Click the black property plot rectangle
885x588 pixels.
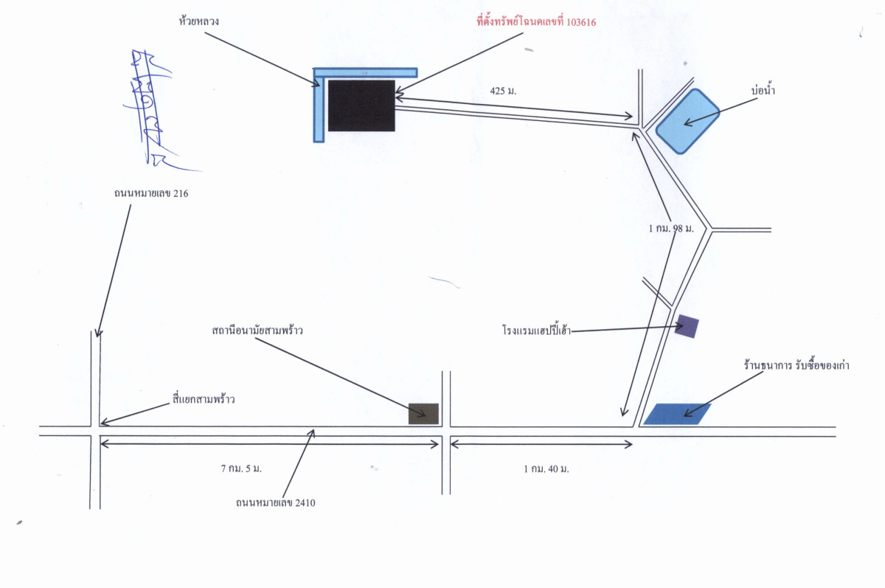(361, 106)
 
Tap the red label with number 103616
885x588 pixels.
(536, 22)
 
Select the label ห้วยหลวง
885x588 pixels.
(199, 22)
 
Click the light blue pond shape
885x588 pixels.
(687, 121)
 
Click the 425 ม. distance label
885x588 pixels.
(503, 91)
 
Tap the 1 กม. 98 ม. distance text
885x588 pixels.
(671, 229)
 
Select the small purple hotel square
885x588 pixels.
(687, 326)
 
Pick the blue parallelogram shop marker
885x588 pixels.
(677, 414)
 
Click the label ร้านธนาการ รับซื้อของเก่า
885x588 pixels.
(796, 365)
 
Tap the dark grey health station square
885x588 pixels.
(423, 414)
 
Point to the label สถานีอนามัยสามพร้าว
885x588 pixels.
(257, 331)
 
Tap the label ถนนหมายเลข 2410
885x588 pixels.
(276, 503)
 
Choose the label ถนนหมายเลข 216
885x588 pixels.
(146, 193)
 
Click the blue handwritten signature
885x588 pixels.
(150, 107)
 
